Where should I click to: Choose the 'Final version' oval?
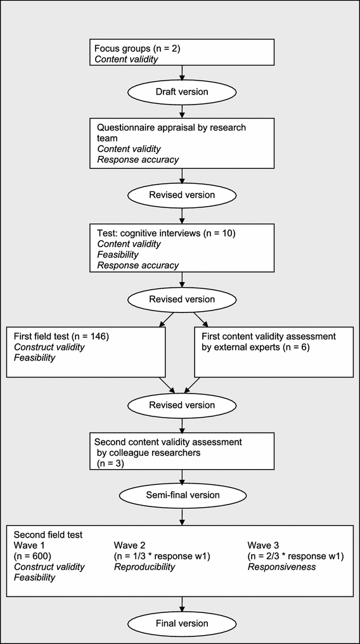pos(182,623)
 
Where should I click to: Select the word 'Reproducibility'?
pos(144,567)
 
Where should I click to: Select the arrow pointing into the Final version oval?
pos(182,604)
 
